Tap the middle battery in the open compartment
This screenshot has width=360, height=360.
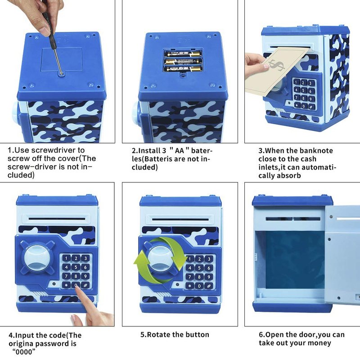[183, 62]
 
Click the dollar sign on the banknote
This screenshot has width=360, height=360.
[277, 65]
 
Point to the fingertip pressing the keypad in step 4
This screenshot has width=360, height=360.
[77, 290]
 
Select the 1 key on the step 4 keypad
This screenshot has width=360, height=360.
[66, 258]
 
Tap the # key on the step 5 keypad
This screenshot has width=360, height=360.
[209, 286]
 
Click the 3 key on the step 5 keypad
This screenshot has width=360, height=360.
[209, 259]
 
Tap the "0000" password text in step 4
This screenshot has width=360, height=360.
[24, 351]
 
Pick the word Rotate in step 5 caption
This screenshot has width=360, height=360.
[159, 334]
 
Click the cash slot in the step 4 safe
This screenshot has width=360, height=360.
[57, 219]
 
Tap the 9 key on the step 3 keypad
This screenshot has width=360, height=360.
[311, 99]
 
